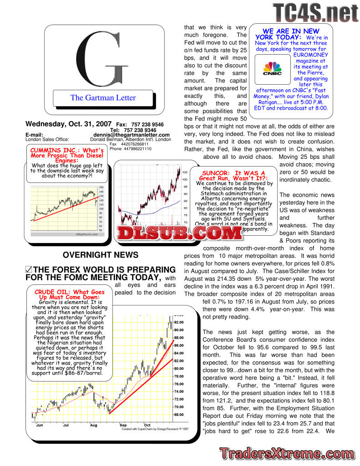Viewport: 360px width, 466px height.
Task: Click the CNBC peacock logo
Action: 272,68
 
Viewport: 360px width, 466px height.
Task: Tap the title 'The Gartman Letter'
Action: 103,97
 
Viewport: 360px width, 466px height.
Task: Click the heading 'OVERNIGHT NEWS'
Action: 101,255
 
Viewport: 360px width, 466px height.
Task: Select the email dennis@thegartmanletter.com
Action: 132,135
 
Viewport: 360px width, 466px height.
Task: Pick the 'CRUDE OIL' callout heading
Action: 70,295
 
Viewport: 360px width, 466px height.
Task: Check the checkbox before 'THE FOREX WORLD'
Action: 29,270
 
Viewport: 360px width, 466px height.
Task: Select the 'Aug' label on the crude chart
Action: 93,425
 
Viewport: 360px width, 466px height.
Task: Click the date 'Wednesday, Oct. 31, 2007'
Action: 68,124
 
